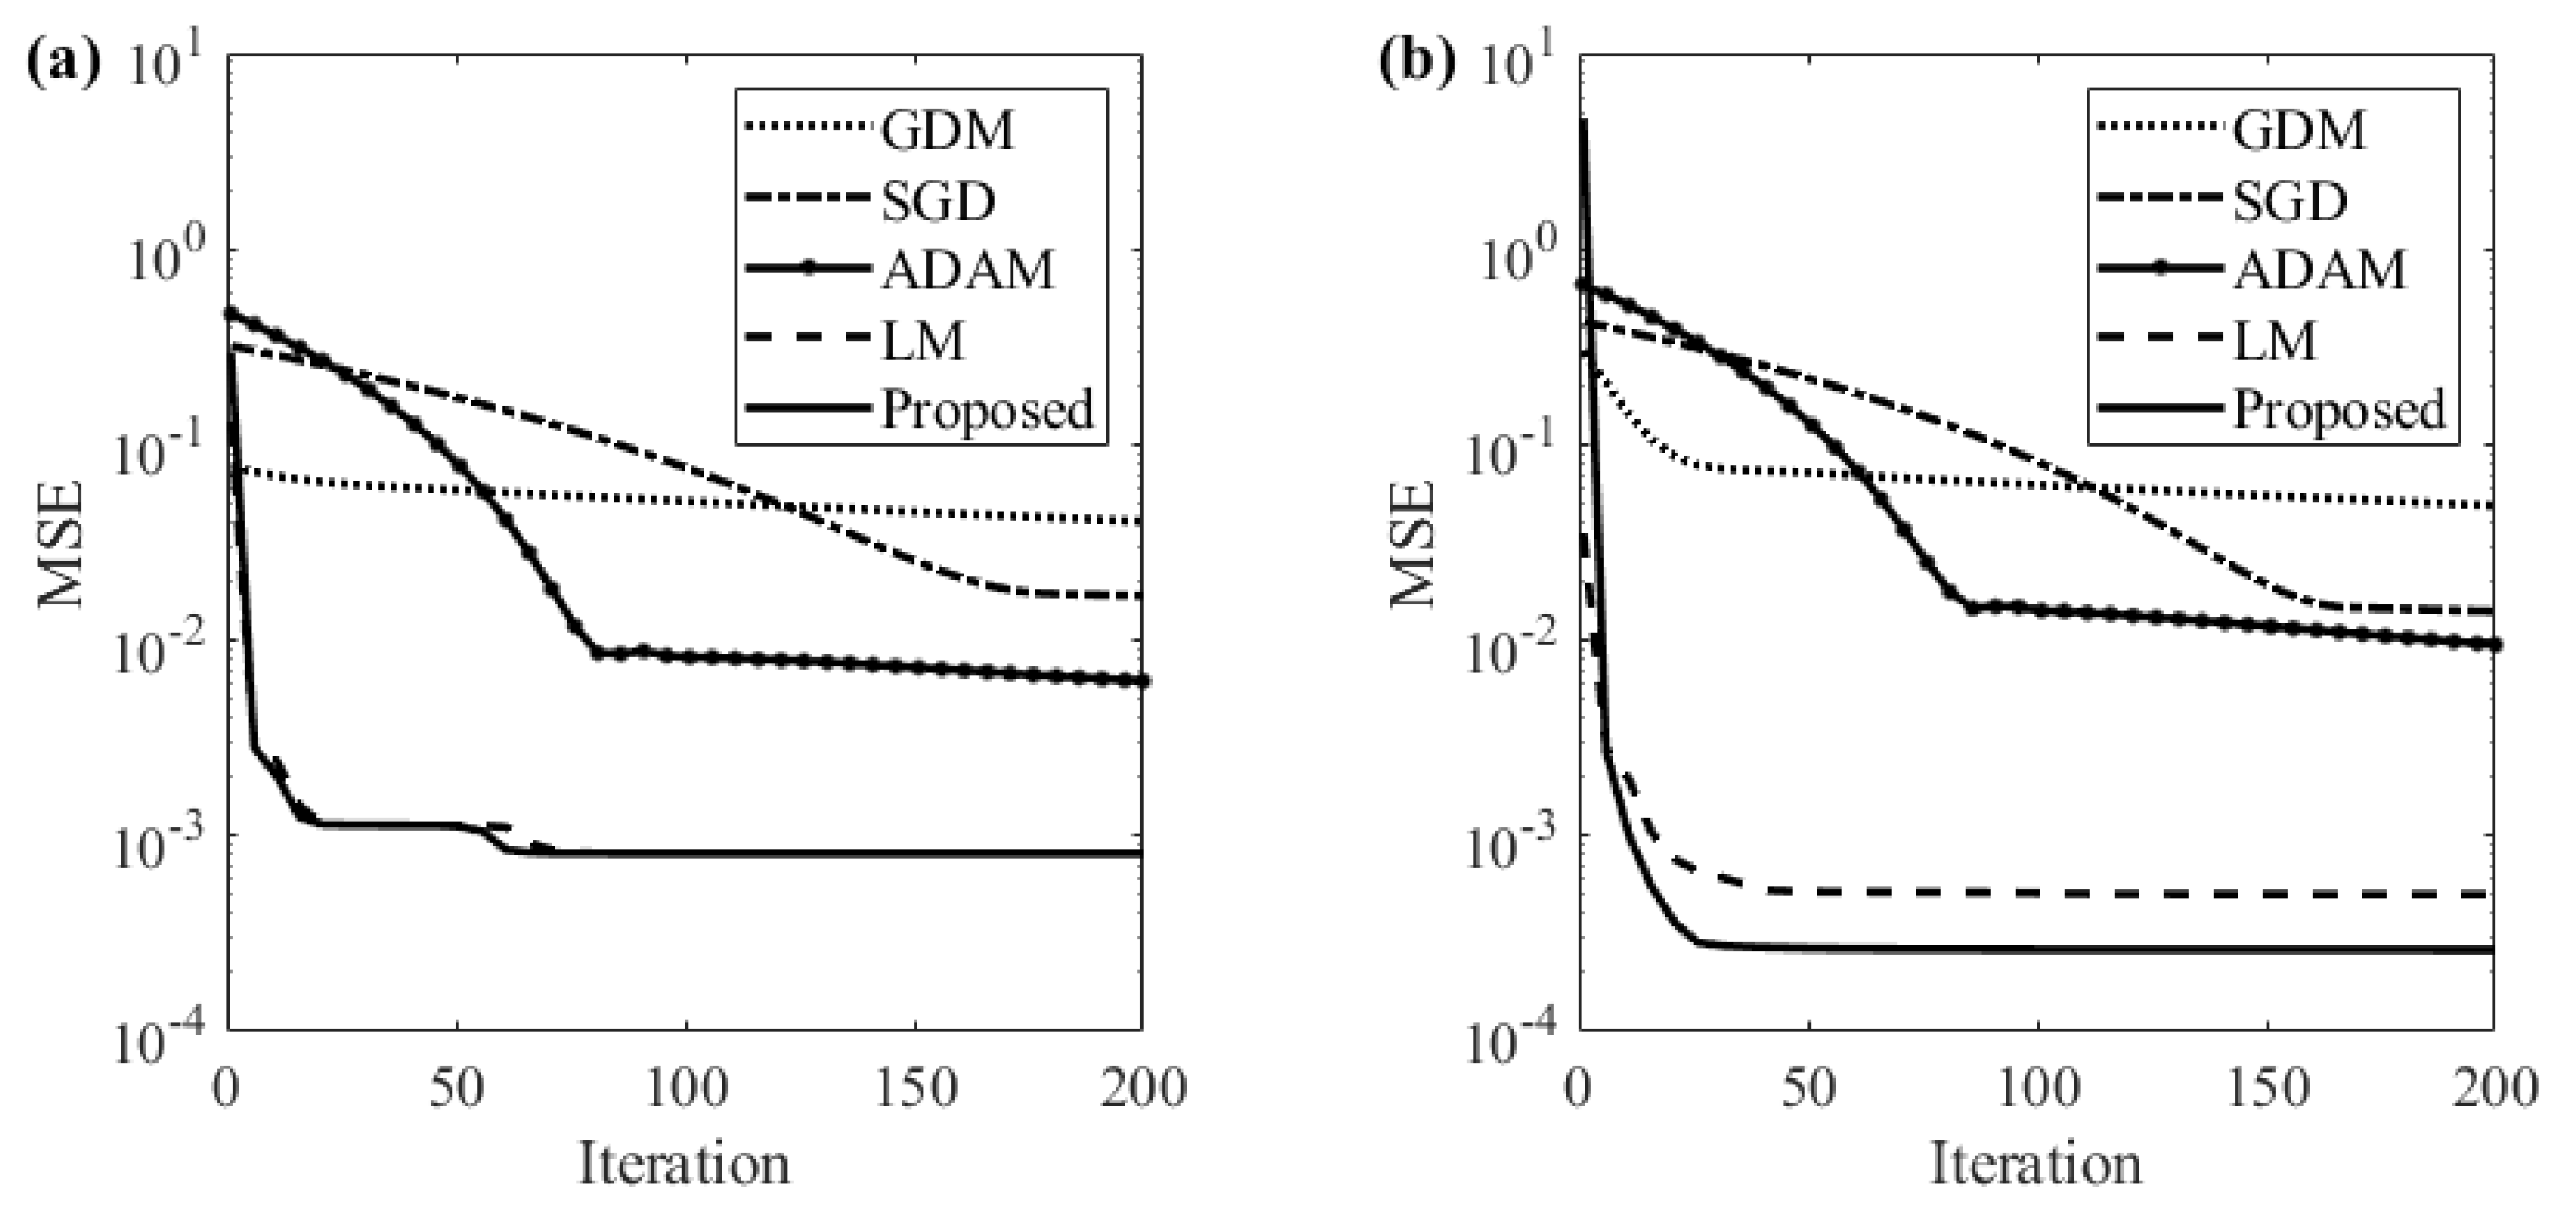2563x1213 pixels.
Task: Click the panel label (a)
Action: (x=63, y=64)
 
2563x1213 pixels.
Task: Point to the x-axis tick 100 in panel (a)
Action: (x=685, y=1087)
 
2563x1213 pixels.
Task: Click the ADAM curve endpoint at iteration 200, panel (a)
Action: (x=1142, y=680)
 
